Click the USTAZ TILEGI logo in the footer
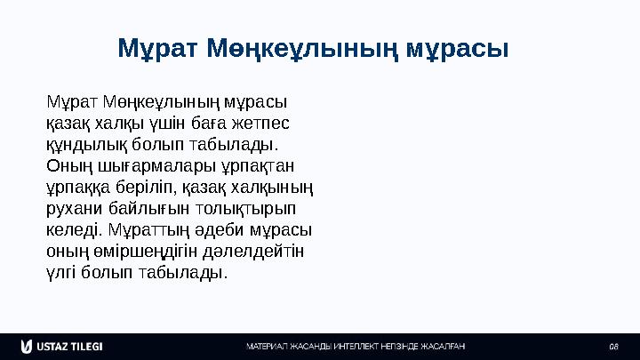61,345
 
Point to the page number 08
613,346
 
